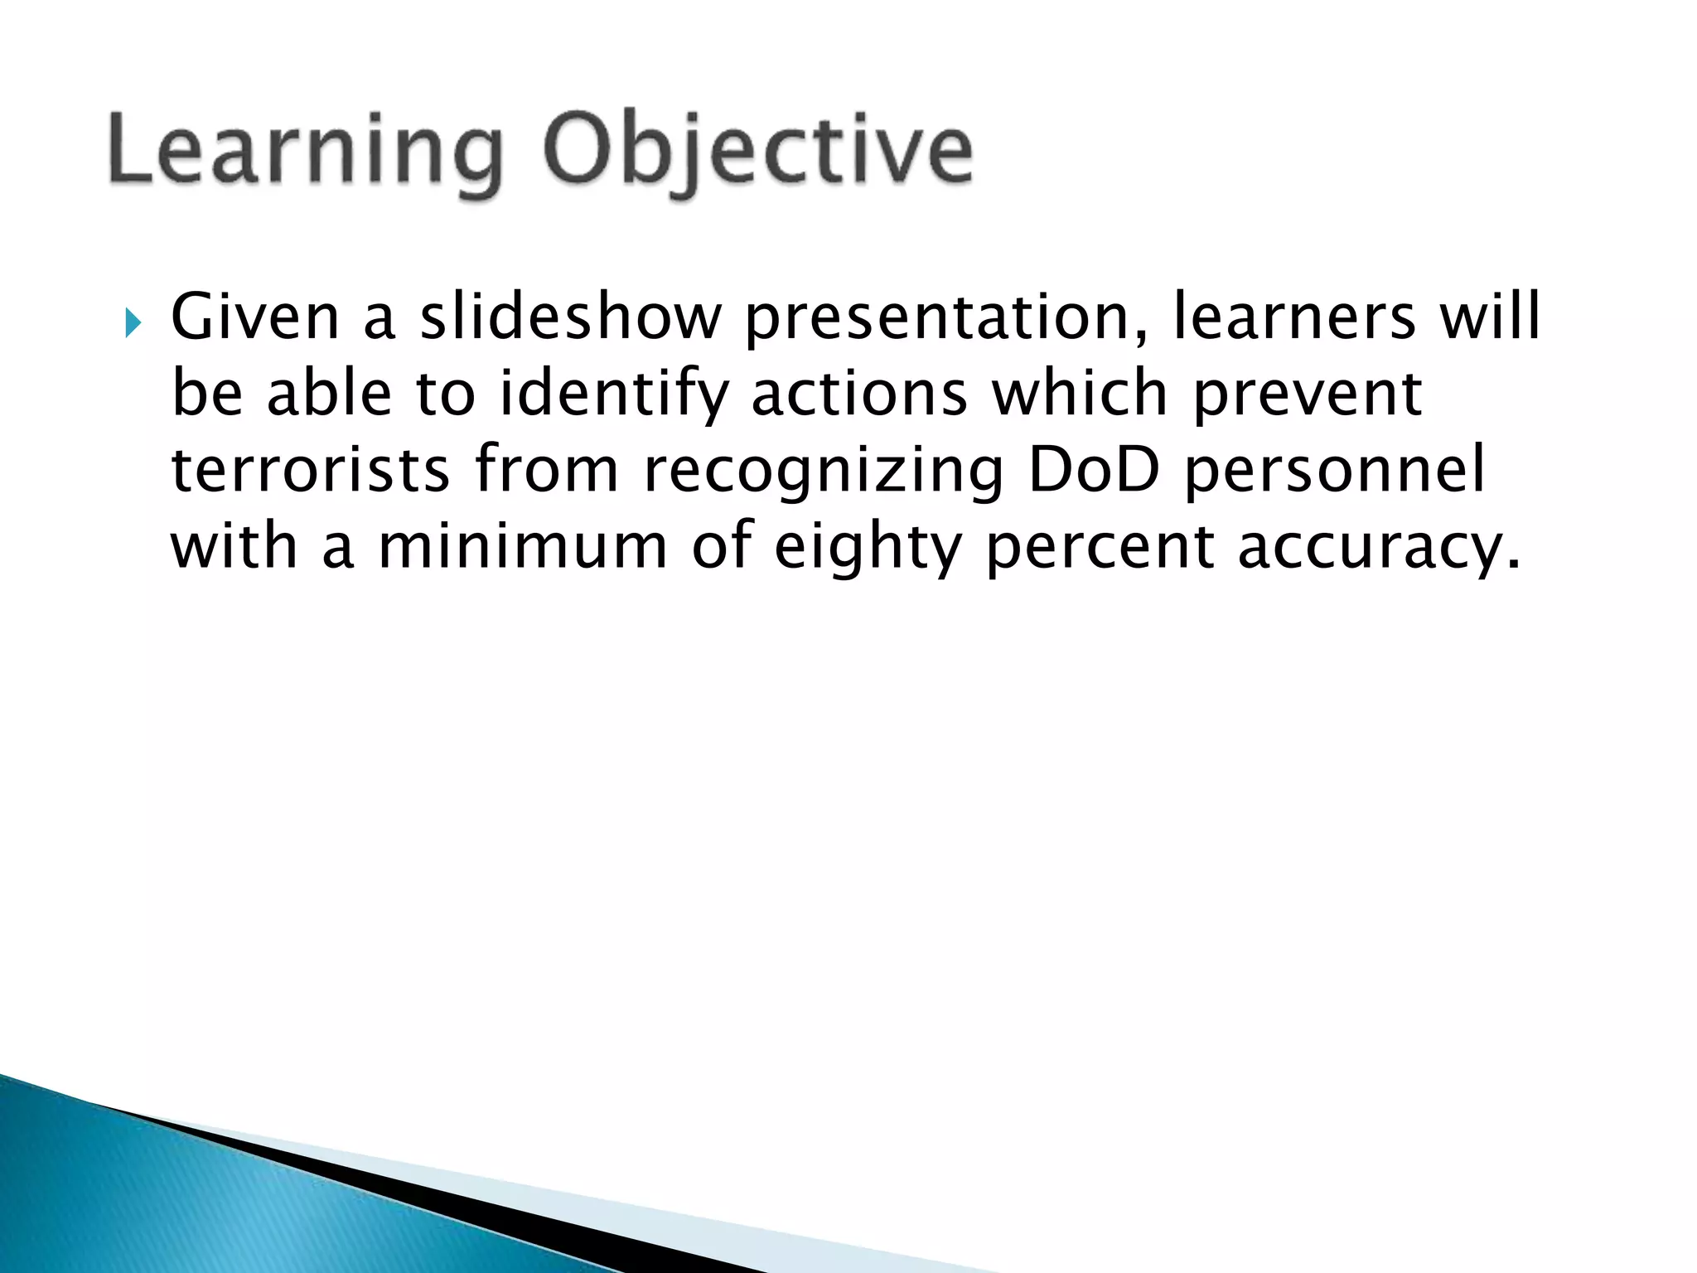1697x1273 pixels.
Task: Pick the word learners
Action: [x=1294, y=317]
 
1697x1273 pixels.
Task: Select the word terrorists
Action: [x=311, y=471]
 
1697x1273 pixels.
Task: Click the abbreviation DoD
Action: [x=1093, y=471]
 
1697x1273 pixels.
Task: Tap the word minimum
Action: [x=523, y=547]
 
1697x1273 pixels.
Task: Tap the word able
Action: [x=330, y=394]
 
